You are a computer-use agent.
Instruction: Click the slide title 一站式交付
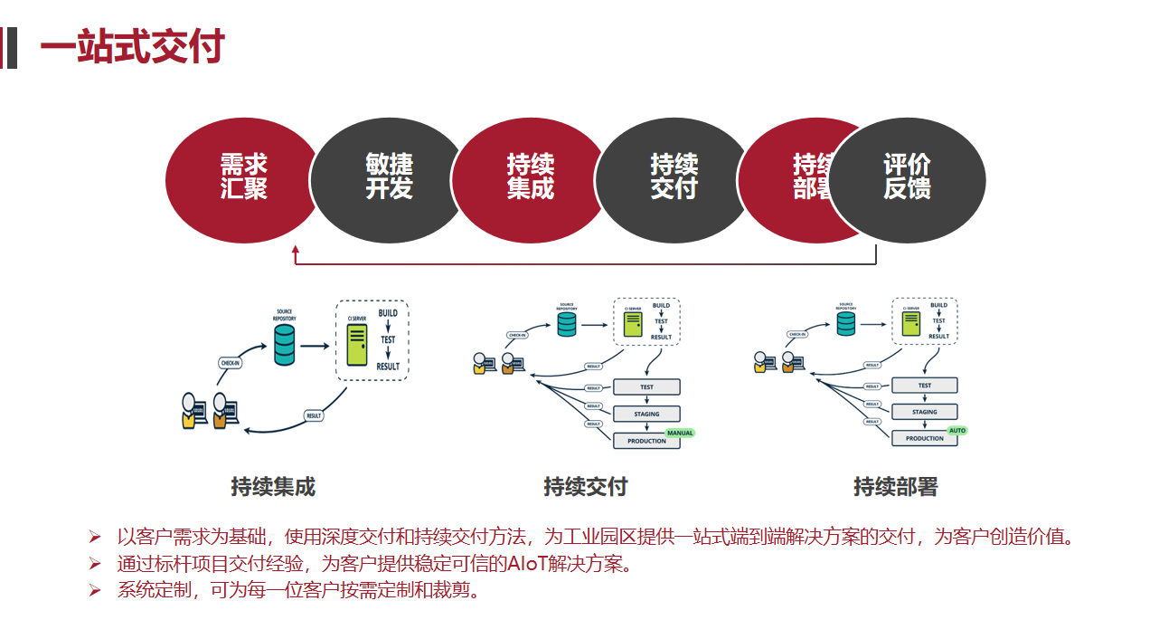132,47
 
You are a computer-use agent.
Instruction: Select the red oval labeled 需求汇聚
243,177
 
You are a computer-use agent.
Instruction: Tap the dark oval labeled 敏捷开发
389,177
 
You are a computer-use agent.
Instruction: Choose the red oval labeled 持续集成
530,177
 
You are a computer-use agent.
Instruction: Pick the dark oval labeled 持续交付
674,177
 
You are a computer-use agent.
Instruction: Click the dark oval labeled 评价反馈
907,177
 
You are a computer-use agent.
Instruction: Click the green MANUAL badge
679,433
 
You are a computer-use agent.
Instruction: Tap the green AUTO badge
956,430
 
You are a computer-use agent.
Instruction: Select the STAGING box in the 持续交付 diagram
646,414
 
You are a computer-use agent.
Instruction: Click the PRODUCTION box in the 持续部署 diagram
925,438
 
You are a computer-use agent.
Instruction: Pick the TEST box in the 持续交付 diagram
646,386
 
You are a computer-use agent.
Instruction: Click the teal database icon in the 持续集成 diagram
285,345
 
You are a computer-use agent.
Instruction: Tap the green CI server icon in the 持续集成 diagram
358,345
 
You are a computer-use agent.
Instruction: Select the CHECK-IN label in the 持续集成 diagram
231,363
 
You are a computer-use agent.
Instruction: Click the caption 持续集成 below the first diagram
273,487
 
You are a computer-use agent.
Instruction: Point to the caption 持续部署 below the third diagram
895,487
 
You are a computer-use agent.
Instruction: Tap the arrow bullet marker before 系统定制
94,591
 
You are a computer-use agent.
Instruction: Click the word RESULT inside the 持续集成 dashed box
388,367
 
